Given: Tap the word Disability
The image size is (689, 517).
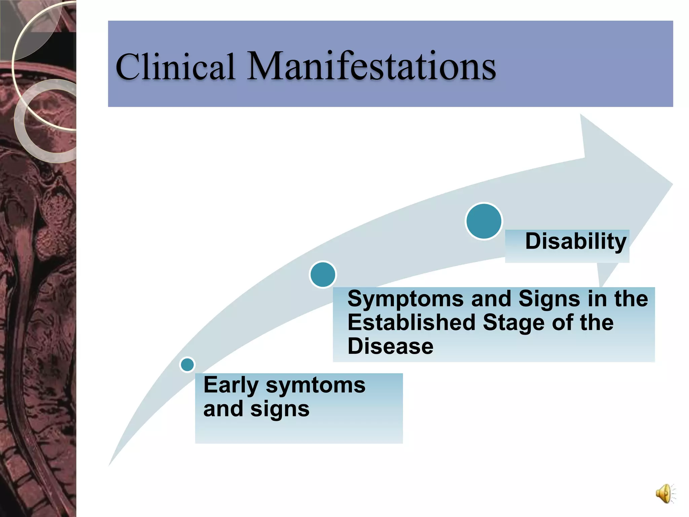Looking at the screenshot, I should pyautogui.click(x=576, y=241).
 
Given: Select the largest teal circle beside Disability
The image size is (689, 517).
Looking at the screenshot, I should pyautogui.click(x=484, y=221).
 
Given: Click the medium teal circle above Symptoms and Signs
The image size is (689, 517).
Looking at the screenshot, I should pyautogui.click(x=323, y=275).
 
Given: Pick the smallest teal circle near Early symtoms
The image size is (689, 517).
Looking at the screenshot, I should pyautogui.click(x=187, y=365).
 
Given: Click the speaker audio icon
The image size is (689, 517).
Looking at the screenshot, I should pyautogui.click(x=664, y=493).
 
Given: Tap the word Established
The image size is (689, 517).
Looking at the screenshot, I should pyautogui.click(x=411, y=322).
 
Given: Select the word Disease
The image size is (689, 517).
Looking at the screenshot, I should pyautogui.click(x=390, y=346).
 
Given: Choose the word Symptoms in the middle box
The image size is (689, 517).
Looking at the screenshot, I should pyautogui.click(x=405, y=299).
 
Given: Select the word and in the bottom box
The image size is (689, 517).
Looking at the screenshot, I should pyautogui.click(x=223, y=409).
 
